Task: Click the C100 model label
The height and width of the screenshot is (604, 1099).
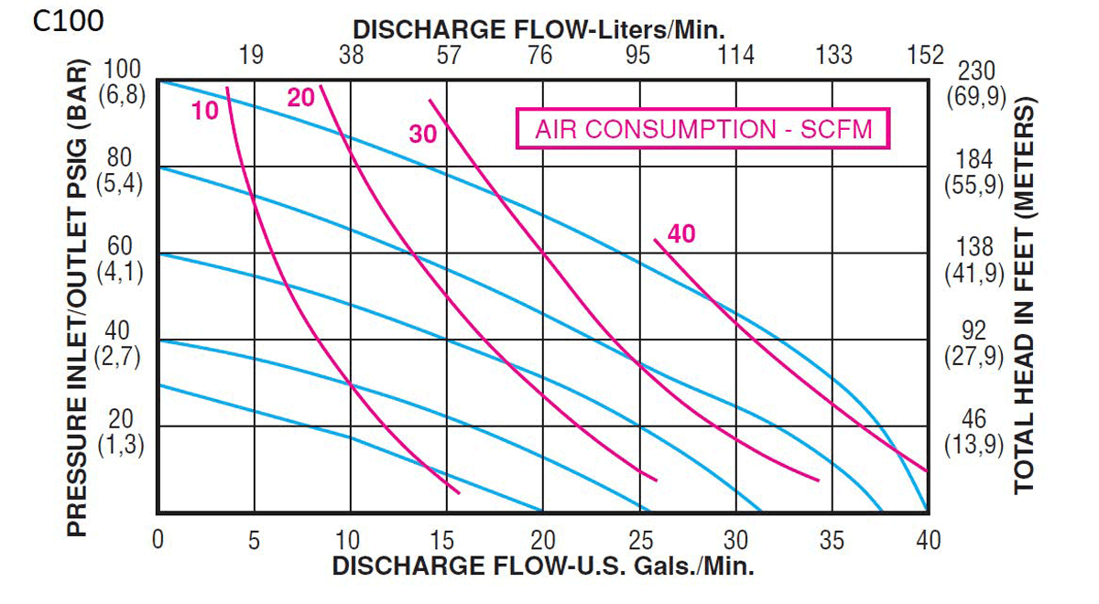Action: (x=69, y=21)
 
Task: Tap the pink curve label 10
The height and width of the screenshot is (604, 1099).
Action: (x=205, y=111)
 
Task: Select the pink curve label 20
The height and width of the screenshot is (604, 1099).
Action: (x=300, y=97)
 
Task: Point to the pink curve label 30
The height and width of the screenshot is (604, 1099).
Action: (x=423, y=135)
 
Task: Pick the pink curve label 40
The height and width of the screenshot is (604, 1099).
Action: (x=681, y=234)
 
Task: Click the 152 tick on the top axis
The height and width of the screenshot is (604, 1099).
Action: (x=925, y=56)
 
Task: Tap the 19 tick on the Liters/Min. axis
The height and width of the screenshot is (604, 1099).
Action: (x=251, y=56)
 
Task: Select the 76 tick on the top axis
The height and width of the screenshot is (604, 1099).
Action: (x=540, y=56)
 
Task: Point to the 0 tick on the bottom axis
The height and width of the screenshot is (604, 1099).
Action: (x=158, y=540)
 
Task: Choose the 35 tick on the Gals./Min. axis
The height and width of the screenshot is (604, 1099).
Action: (x=832, y=540)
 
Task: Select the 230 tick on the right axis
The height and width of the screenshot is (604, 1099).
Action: (x=974, y=71)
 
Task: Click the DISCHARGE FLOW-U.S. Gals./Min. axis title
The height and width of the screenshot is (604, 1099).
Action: (x=543, y=566)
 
